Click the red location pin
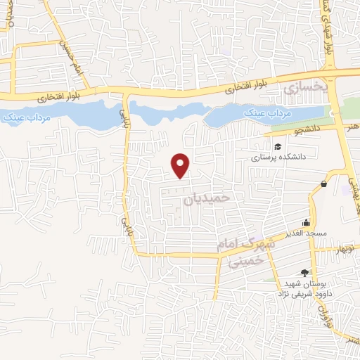pos(181,165)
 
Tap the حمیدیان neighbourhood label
pos(207,199)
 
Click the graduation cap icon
pos(278,147)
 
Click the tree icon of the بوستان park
pos(304,273)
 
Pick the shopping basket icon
pos(323,184)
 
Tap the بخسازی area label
pos(305,88)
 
